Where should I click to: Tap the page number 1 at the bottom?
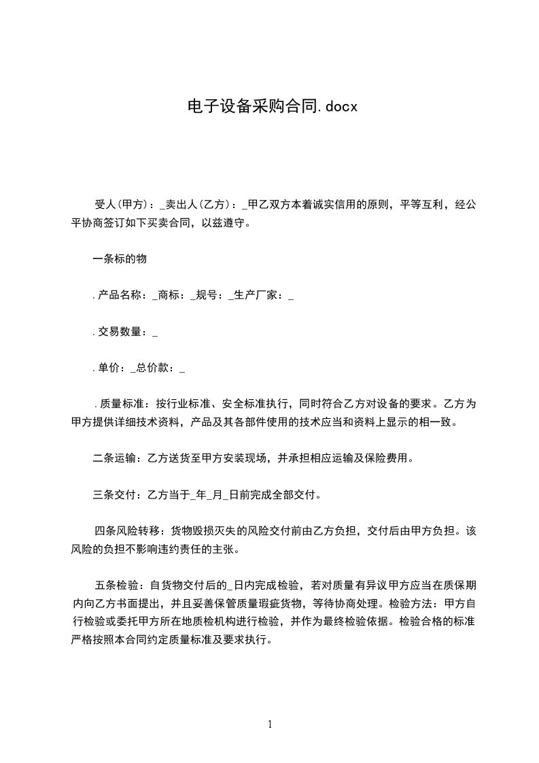click(270, 724)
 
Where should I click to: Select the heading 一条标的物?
click(120, 259)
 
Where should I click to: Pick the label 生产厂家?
click(261, 296)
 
